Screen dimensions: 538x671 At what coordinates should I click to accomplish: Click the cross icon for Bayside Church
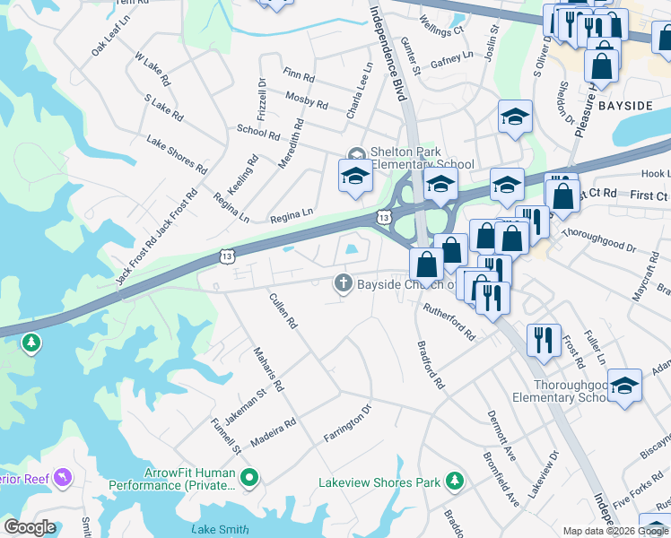[342, 284]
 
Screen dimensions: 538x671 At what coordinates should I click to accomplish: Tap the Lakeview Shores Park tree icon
[455, 482]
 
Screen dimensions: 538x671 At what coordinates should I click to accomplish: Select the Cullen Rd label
[283, 310]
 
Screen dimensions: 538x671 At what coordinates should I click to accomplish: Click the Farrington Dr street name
[348, 424]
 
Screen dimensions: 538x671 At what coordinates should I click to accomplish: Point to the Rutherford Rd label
[449, 319]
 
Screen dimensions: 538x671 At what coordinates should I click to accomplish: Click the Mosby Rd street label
[306, 99]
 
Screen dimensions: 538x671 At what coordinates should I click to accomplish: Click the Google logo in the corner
[30, 527]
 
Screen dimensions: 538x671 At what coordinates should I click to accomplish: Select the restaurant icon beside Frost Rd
[544, 340]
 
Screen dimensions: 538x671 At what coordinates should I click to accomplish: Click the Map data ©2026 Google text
[614, 531]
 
